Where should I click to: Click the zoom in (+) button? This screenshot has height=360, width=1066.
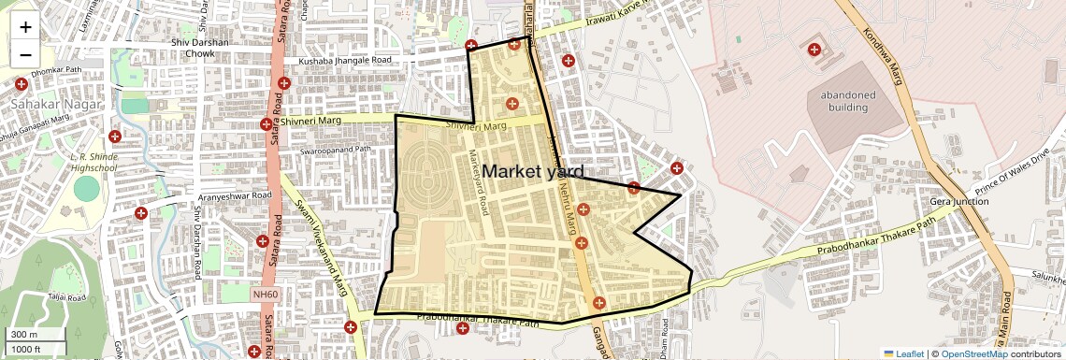(x=25, y=27)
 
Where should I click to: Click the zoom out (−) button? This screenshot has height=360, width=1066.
(x=25, y=53)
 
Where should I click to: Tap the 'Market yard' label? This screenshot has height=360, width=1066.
(x=533, y=172)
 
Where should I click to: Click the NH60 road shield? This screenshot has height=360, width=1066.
(x=266, y=295)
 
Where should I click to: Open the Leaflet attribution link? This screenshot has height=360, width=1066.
(x=904, y=353)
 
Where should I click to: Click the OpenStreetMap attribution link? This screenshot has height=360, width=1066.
(x=973, y=353)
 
